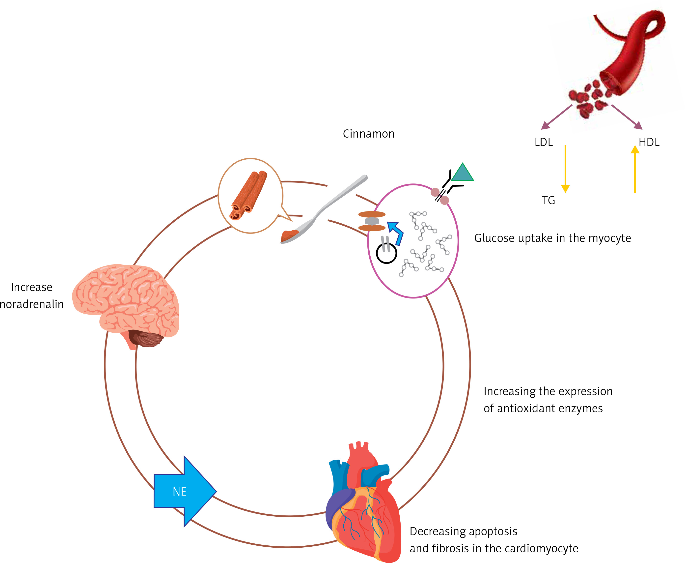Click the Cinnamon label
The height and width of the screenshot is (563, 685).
(368, 134)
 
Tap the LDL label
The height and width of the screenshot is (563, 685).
(543, 142)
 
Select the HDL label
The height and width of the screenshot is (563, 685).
(649, 142)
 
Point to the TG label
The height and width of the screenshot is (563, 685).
(548, 200)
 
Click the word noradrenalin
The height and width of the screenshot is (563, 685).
(32, 304)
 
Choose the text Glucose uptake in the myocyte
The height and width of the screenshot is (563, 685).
(552, 238)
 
